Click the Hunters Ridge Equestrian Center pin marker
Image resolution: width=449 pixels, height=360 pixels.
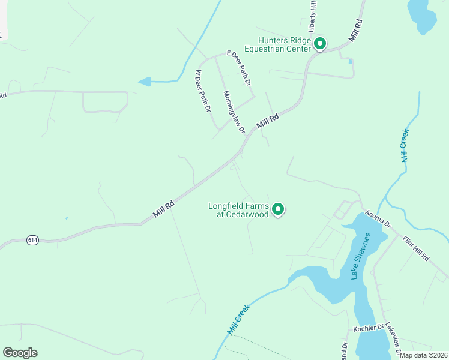[x=320, y=44]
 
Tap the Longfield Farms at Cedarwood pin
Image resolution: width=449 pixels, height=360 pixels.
[x=278, y=209]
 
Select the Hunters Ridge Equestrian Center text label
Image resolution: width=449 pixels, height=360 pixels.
[x=280, y=45]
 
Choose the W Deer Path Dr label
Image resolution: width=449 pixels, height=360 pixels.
[x=203, y=91]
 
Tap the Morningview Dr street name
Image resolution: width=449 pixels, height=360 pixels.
[x=234, y=112]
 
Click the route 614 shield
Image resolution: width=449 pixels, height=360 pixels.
[x=33, y=241]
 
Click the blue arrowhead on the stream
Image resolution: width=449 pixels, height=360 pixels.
[x=144, y=82]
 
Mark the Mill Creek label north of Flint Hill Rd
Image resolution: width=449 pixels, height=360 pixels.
[x=405, y=145]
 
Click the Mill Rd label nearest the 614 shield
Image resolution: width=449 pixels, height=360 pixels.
[x=163, y=209]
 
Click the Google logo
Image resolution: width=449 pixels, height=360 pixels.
[x=20, y=353]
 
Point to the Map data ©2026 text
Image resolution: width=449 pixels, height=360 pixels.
[x=423, y=355]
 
